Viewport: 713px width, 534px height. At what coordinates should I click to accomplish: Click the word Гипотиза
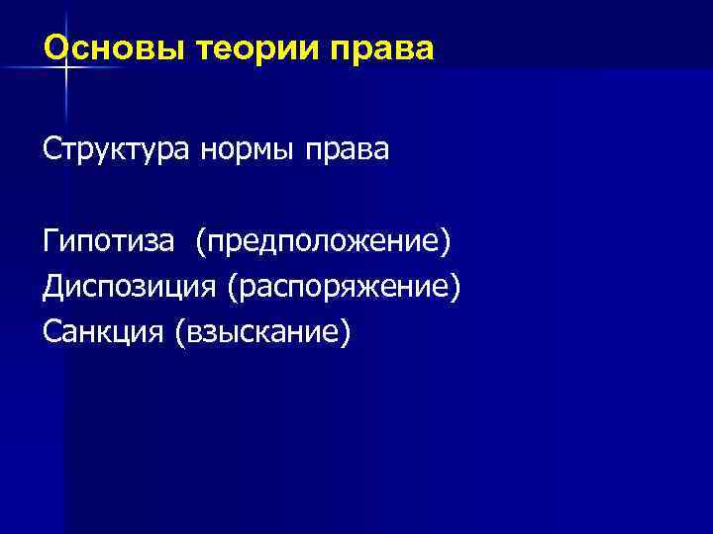pyautogui.click(x=110, y=241)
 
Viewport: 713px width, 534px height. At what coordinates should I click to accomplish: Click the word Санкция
pyautogui.click(x=104, y=332)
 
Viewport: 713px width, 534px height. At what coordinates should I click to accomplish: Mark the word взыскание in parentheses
pyautogui.click(x=262, y=333)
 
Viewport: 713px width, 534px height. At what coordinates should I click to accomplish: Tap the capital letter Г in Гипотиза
pyautogui.click(x=51, y=241)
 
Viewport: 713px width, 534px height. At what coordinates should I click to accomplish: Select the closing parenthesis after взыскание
pyautogui.click(x=346, y=333)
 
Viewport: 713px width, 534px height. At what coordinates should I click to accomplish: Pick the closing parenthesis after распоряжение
pyautogui.click(x=457, y=288)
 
